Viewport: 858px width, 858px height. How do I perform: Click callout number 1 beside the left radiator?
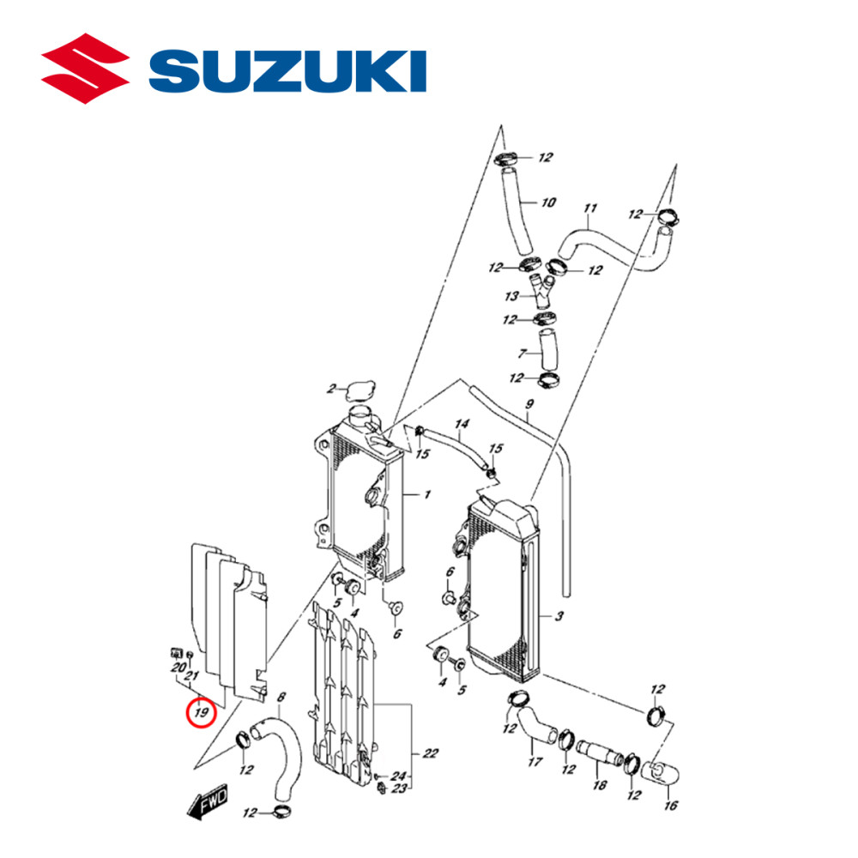pyautogui.click(x=414, y=495)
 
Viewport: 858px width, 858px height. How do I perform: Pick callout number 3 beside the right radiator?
pyautogui.click(x=559, y=616)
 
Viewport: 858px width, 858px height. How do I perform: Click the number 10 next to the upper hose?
pyautogui.click(x=548, y=203)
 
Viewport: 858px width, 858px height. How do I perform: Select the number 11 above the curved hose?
pyautogui.click(x=589, y=208)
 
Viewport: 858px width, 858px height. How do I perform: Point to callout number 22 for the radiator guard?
pyautogui.click(x=430, y=753)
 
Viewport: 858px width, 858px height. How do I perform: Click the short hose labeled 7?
pyautogui.click(x=547, y=347)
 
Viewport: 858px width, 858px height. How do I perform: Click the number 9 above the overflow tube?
pyautogui.click(x=529, y=404)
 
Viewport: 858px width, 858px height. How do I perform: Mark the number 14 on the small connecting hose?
pyautogui.click(x=462, y=424)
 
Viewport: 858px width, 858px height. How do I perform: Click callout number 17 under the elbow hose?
pyautogui.click(x=535, y=761)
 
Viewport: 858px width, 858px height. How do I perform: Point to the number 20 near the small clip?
pyautogui.click(x=178, y=668)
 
